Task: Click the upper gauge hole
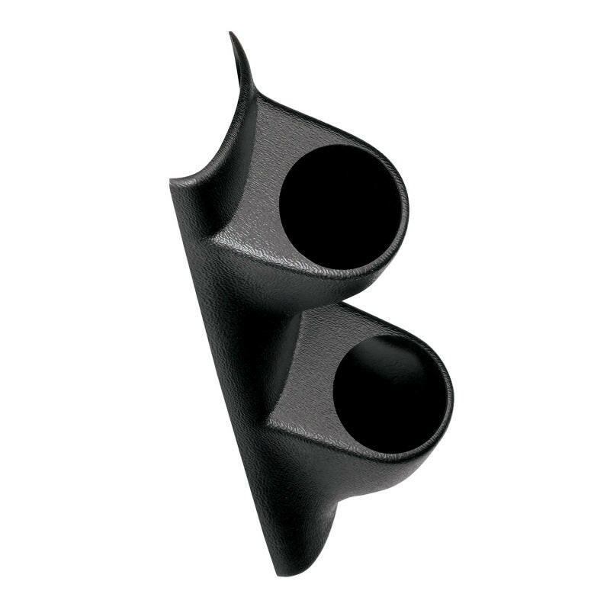click(339, 206)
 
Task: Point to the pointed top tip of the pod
click(232, 34)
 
